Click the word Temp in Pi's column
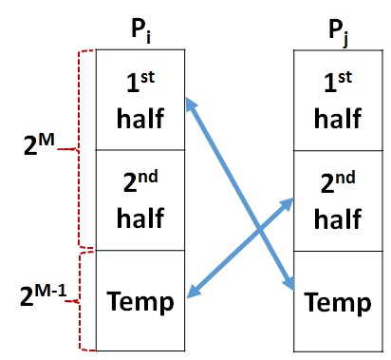[140, 301]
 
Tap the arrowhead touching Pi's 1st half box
[190, 103]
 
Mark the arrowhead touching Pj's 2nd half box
[288, 202]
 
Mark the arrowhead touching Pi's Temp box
[193, 296]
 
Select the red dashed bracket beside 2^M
[84, 149]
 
